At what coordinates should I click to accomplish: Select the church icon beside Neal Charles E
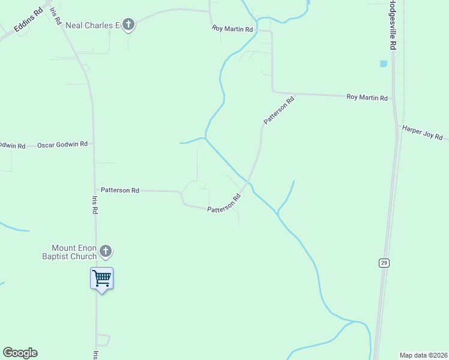(x=128, y=25)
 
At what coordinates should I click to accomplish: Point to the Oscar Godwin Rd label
(x=62, y=145)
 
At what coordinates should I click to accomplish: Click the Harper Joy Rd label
(x=422, y=132)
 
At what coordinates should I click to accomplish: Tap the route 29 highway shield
(x=382, y=263)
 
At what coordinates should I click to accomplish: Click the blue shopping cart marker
(x=101, y=278)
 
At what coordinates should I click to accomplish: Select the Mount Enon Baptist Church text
(x=74, y=252)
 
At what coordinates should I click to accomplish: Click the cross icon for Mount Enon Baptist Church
(x=106, y=251)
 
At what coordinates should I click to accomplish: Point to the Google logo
(x=20, y=353)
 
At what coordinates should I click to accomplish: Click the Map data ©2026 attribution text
(x=423, y=355)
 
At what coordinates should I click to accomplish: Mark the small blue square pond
(x=383, y=63)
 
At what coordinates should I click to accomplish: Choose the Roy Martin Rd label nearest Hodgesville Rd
(x=367, y=97)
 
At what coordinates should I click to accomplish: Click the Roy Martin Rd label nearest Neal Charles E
(x=232, y=28)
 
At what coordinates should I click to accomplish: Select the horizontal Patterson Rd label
(x=120, y=190)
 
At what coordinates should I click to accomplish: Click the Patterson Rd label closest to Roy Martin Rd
(x=279, y=111)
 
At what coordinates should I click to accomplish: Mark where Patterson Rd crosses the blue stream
(x=247, y=181)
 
